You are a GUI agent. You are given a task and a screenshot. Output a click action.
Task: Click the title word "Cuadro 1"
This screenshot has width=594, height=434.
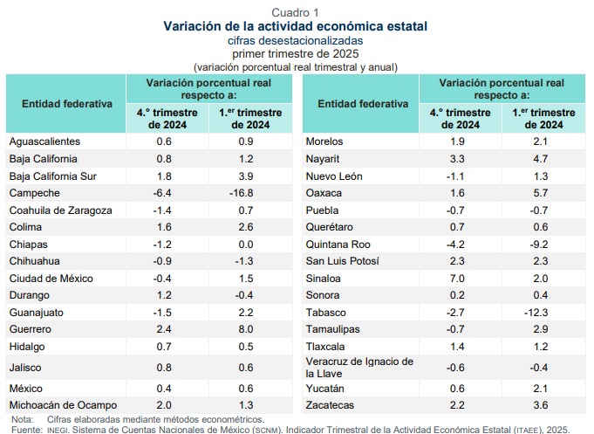296,12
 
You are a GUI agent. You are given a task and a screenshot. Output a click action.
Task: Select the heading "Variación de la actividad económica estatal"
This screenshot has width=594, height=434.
296,26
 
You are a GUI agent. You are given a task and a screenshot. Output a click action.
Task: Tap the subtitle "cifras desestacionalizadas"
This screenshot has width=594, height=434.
296,40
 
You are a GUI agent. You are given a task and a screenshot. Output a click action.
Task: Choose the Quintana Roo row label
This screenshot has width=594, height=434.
337,244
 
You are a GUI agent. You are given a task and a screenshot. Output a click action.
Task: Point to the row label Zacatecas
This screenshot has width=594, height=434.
331,405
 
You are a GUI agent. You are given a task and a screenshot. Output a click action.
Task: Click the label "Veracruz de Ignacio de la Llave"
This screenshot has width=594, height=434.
359,368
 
